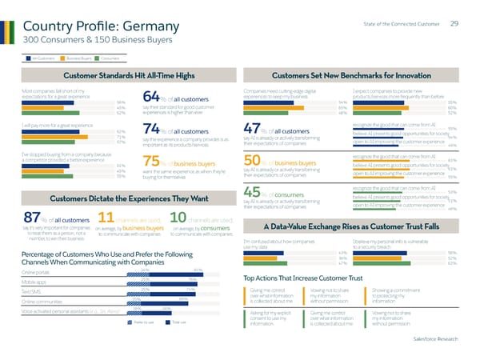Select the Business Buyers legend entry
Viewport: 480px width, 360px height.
tap(78, 58)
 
